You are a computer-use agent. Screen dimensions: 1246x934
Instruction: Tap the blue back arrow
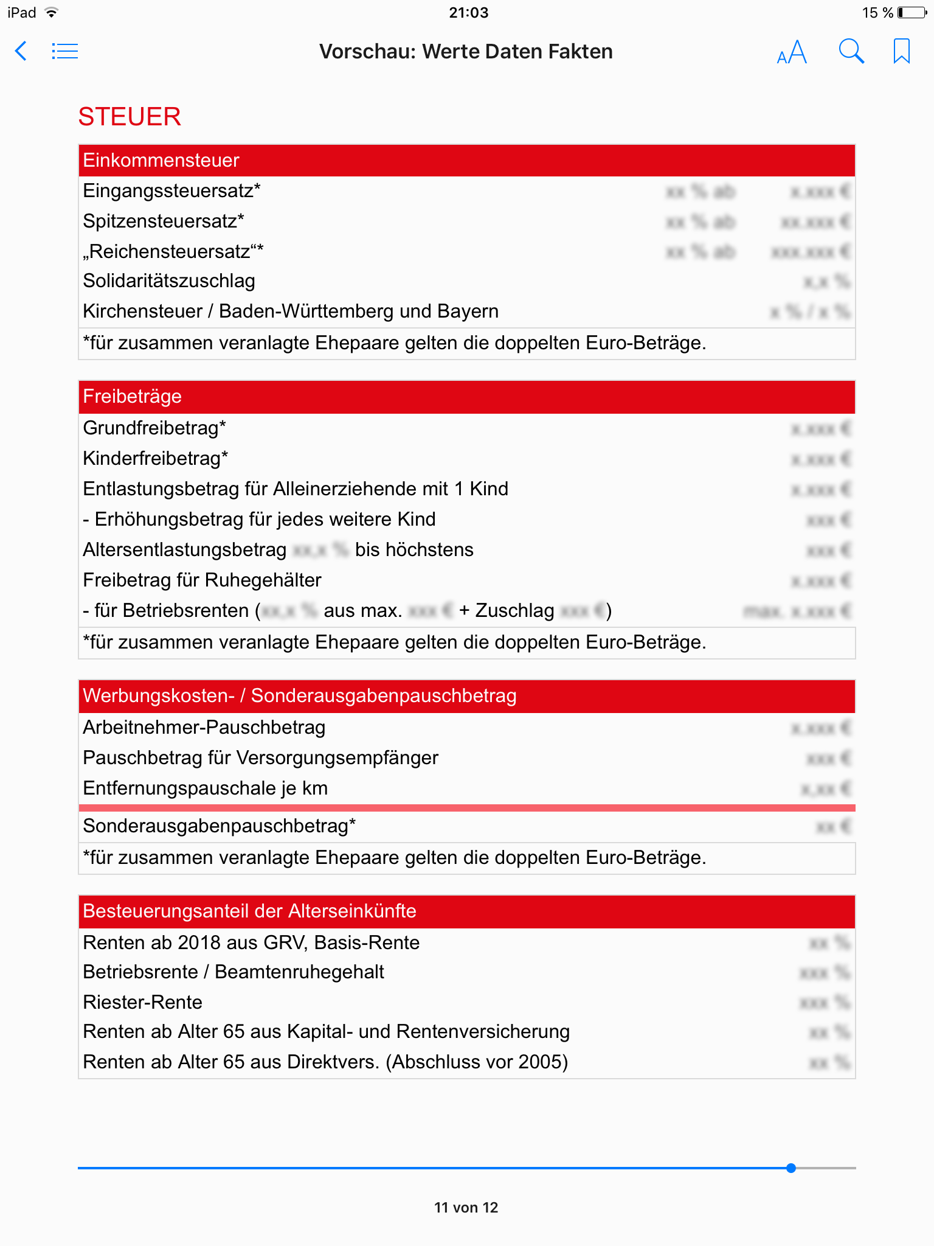point(21,51)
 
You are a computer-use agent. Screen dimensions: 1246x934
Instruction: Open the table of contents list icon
point(64,51)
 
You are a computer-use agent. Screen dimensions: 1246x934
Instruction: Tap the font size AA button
point(792,52)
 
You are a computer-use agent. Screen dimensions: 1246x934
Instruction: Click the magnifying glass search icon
point(851,52)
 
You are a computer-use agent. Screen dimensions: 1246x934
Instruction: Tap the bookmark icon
point(901,51)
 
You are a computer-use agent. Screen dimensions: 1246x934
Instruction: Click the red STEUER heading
point(130,117)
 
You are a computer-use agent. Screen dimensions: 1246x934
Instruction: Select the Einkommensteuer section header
point(161,161)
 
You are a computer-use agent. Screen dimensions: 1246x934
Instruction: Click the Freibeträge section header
point(133,397)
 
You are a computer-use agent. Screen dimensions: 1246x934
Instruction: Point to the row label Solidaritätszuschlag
point(169,281)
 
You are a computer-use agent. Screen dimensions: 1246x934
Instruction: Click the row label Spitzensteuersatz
point(164,221)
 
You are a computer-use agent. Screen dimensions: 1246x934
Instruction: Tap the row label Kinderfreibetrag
point(156,458)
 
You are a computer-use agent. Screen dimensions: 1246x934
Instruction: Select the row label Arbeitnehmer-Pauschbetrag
point(204,728)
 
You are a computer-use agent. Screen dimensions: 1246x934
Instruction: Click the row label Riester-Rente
point(143,1002)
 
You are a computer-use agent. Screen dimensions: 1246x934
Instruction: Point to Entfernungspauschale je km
point(206,788)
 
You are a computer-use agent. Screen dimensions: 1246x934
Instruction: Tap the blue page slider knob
point(790,1168)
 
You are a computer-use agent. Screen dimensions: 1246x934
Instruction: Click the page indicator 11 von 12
point(466,1208)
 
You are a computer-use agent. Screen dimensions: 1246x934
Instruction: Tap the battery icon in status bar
point(912,13)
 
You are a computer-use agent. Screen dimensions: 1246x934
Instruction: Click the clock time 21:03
point(468,13)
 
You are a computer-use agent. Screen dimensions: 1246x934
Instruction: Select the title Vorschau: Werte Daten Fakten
point(466,52)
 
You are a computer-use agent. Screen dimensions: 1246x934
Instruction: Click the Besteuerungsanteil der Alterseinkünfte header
point(250,911)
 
